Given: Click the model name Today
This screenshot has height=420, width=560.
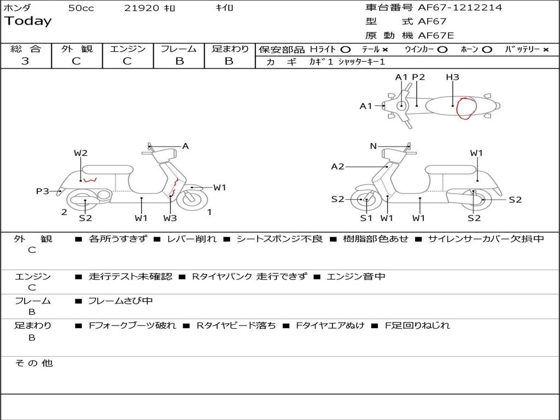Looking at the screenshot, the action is pyautogui.click(x=28, y=21).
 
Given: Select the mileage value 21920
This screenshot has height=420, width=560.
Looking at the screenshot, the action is pyautogui.click(x=142, y=8).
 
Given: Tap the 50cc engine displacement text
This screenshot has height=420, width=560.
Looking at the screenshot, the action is pyautogui.click(x=81, y=8).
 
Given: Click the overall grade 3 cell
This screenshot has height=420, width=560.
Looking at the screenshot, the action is pyautogui.click(x=25, y=61).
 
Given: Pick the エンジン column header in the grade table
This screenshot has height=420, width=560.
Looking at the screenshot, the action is pyautogui.click(x=127, y=49).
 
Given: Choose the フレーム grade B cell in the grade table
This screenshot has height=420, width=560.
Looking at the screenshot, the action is pyautogui.click(x=179, y=61).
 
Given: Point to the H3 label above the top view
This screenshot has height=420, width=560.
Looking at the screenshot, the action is pyautogui.click(x=452, y=77).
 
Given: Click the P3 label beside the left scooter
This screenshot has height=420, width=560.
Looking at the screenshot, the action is pyautogui.click(x=43, y=191).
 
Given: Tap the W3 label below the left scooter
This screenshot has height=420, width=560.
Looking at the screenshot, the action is pyautogui.click(x=170, y=218).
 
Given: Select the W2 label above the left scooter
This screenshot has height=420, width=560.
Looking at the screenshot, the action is pyautogui.click(x=81, y=153).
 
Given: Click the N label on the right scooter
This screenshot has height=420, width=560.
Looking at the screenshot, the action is pyautogui.click(x=374, y=146).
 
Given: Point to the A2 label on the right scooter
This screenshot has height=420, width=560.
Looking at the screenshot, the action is pyautogui.click(x=338, y=166).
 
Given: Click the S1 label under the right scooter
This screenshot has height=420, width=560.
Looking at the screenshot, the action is pyautogui.click(x=366, y=218).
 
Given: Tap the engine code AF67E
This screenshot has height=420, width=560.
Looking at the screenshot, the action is pyautogui.click(x=435, y=36).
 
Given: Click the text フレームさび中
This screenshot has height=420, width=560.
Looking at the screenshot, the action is pyautogui.click(x=120, y=301).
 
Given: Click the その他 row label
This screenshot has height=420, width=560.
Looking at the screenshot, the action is pyautogui.click(x=33, y=363).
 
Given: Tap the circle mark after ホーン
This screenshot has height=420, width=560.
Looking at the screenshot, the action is pyautogui.click(x=487, y=49).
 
